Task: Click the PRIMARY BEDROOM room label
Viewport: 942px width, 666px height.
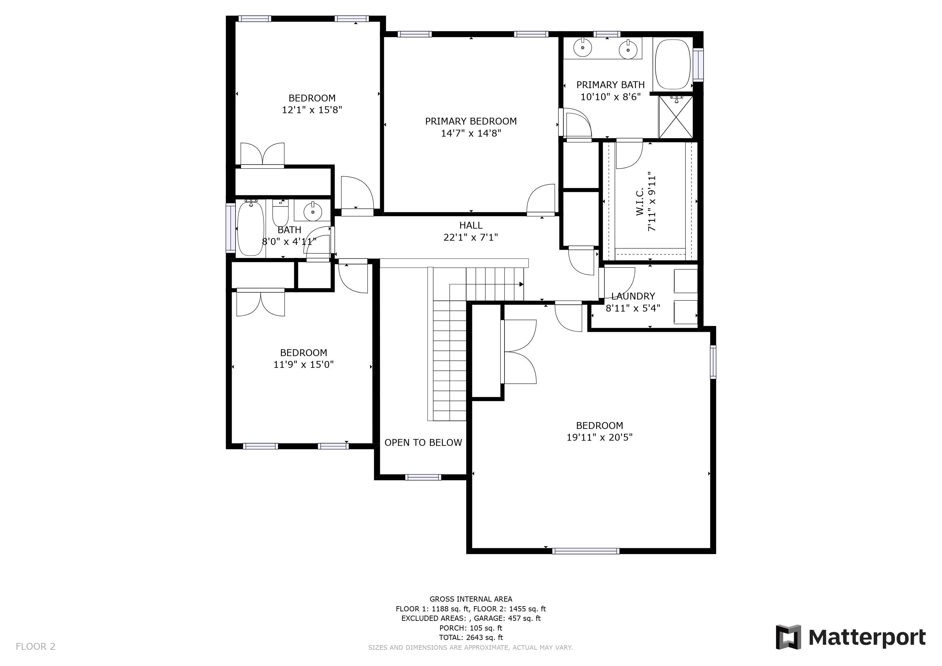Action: (x=471, y=121)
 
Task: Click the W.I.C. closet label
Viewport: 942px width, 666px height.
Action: (x=639, y=202)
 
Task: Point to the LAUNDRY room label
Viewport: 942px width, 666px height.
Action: (x=633, y=296)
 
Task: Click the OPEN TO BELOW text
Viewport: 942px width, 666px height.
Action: (x=423, y=443)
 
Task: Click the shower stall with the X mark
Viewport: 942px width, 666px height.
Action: (x=675, y=117)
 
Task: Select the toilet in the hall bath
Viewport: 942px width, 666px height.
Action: (x=281, y=212)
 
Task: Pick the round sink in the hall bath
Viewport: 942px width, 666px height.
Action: (x=313, y=212)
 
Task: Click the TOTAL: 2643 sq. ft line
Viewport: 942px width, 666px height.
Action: (x=471, y=638)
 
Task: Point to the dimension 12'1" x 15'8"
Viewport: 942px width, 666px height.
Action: (x=312, y=110)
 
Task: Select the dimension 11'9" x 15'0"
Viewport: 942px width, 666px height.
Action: (x=303, y=365)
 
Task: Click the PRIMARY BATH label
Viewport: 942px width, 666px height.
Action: (x=611, y=85)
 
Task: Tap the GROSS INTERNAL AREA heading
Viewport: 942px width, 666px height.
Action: (x=471, y=599)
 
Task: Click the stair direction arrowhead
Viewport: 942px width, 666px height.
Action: (x=521, y=284)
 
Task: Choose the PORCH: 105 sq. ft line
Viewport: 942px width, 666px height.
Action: (x=471, y=628)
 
